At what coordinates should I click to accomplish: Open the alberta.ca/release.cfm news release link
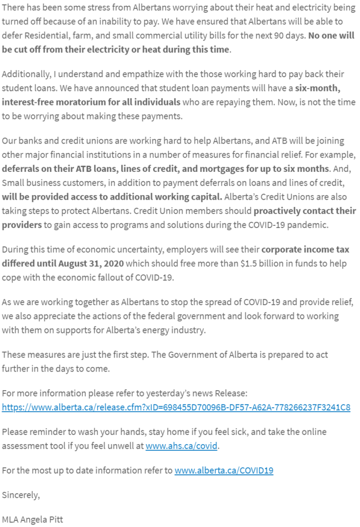tap(176, 407)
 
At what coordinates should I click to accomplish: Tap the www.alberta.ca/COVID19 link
tap(224, 470)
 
